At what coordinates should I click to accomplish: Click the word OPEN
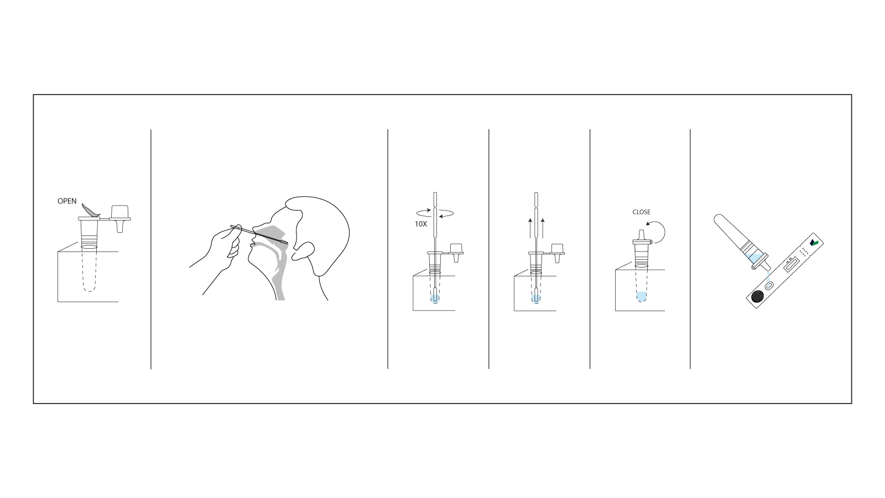(x=67, y=201)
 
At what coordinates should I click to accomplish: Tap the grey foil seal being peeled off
(x=90, y=210)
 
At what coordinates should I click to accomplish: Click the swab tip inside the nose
(x=283, y=242)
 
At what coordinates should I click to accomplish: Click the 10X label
(x=421, y=224)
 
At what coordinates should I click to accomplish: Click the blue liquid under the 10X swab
(x=434, y=299)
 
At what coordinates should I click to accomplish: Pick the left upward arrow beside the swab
(x=530, y=227)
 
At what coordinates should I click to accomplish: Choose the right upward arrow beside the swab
(x=543, y=227)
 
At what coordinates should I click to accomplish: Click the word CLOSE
(x=642, y=212)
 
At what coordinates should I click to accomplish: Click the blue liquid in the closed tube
(x=641, y=297)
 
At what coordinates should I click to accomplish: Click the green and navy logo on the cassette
(x=814, y=243)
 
